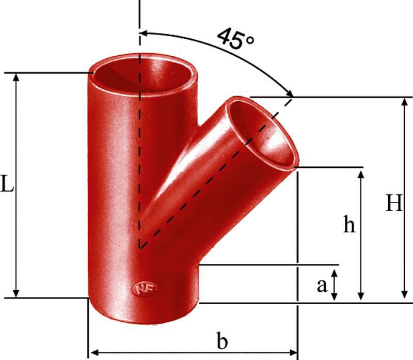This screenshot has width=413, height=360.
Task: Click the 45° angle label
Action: [235, 39]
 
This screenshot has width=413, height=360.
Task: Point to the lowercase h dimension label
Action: [350, 225]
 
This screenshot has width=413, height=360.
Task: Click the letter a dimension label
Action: [322, 285]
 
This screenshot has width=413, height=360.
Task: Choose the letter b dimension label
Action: [222, 341]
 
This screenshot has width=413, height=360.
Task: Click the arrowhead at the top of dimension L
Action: [17, 76]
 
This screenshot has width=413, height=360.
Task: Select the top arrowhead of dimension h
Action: [361, 172]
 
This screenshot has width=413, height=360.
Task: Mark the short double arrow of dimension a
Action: [335, 285]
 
